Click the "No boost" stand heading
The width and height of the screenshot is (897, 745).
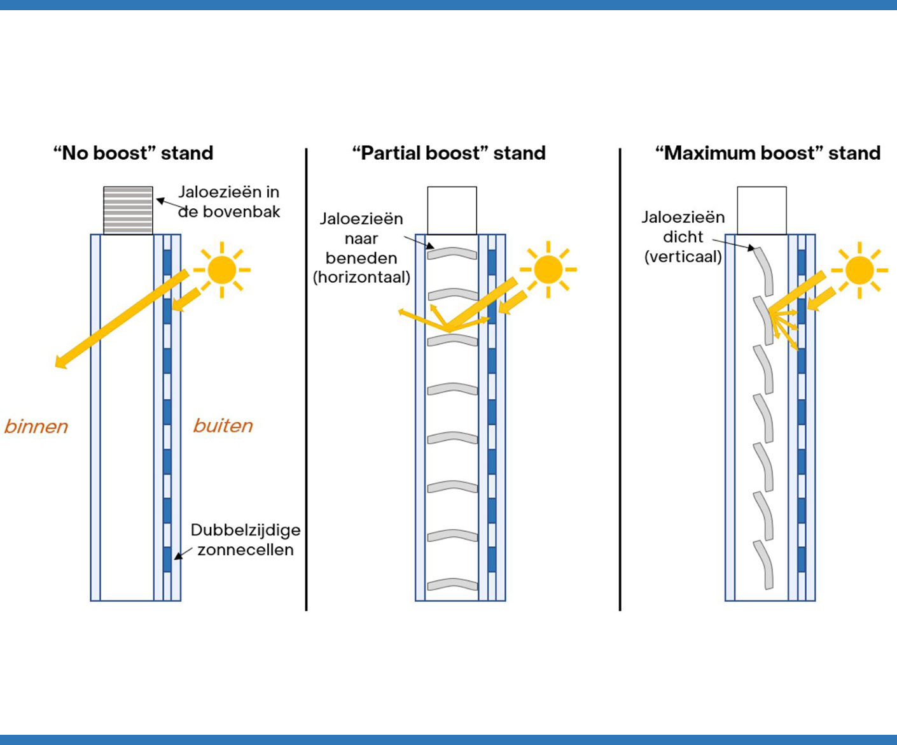tap(133, 153)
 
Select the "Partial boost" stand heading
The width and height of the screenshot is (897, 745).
tap(448, 153)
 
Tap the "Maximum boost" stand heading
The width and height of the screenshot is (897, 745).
tap(768, 153)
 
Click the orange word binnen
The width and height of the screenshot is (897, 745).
tap(36, 426)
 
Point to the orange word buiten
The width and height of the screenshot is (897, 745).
tap(223, 425)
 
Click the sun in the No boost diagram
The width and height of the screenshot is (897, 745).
tap(221, 270)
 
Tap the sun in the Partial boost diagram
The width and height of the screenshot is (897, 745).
tap(548, 270)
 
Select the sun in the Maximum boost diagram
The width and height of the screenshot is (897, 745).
tap(859, 270)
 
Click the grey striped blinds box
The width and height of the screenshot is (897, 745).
tap(128, 210)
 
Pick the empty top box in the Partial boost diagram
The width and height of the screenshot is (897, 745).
tap(452, 210)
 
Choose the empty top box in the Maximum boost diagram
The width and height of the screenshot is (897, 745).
tap(761, 210)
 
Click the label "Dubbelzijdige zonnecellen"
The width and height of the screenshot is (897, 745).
tap(245, 540)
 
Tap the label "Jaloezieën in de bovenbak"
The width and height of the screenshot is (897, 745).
tap(229, 201)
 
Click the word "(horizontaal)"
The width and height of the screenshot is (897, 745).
tap(361, 278)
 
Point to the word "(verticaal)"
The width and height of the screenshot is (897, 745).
tap(683, 257)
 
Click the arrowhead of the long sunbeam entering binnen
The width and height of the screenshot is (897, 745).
tap(60, 363)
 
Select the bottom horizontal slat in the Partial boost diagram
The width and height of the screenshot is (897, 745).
tap(452, 584)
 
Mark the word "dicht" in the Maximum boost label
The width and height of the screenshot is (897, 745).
tap(683, 237)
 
